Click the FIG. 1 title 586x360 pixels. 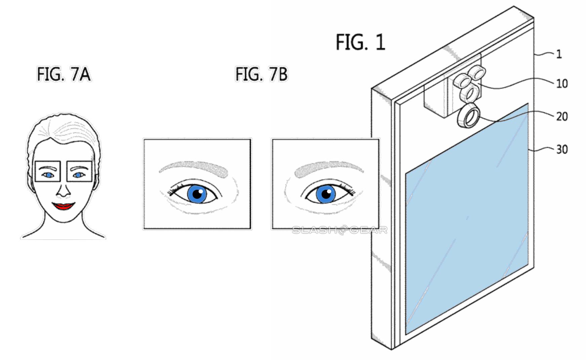pyautogui.click(x=360, y=42)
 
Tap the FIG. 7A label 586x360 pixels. pyautogui.click(x=64, y=74)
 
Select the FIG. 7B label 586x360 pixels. pyautogui.click(x=261, y=74)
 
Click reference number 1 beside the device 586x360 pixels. pyautogui.click(x=559, y=54)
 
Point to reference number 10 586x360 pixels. pyautogui.click(x=562, y=84)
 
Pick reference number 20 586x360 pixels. pyautogui.click(x=562, y=117)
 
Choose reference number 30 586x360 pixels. pyautogui.click(x=562, y=149)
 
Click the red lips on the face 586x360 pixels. pyautogui.click(x=63, y=206)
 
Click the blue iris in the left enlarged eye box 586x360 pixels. pyautogui.click(x=197, y=194)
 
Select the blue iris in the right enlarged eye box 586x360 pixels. pyautogui.click(x=326, y=194)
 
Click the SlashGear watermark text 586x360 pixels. pyautogui.click(x=339, y=230)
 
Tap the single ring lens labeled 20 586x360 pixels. pyautogui.click(x=468, y=116)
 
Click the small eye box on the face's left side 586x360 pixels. pyautogui.click(x=48, y=171)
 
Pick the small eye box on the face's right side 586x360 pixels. pyautogui.click(x=79, y=171)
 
